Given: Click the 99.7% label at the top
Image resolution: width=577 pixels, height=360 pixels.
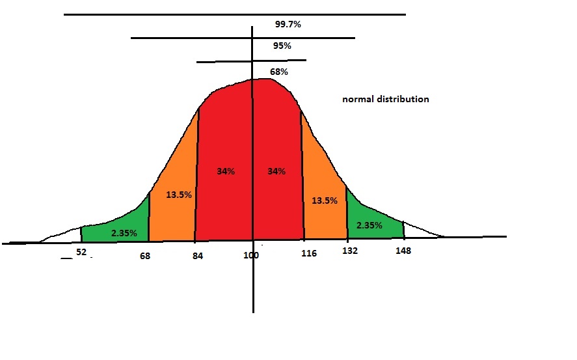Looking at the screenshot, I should pyautogui.click(x=288, y=24).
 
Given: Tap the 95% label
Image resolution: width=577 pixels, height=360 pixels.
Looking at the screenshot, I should pyautogui.click(x=282, y=46).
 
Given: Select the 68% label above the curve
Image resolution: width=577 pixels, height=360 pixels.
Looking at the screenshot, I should pyautogui.click(x=279, y=72).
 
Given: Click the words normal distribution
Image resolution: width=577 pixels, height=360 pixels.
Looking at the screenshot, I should pyautogui.click(x=386, y=100).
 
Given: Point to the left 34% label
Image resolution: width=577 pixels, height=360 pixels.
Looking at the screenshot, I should pyautogui.click(x=226, y=171).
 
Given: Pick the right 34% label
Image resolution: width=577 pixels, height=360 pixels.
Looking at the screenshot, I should pyautogui.click(x=276, y=171).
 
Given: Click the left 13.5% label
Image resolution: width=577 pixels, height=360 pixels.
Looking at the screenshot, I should pyautogui.click(x=178, y=194).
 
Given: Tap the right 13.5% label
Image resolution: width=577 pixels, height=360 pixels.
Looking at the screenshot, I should pyautogui.click(x=324, y=201).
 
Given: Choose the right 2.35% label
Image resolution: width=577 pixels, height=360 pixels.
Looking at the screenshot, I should pyautogui.click(x=369, y=225).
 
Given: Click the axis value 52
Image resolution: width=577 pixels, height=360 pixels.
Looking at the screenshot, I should pyautogui.click(x=81, y=251).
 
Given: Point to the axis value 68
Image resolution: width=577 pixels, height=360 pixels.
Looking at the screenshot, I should pyautogui.click(x=144, y=256).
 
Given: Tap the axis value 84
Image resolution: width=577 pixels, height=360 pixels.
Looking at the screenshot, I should pyautogui.click(x=198, y=256).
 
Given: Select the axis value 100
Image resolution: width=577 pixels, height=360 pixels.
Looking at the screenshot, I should pyautogui.click(x=251, y=256).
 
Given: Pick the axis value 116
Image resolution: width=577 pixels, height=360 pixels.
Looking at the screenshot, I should pyautogui.click(x=309, y=253).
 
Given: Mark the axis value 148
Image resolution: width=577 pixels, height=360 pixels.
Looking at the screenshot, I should pyautogui.click(x=403, y=251).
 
